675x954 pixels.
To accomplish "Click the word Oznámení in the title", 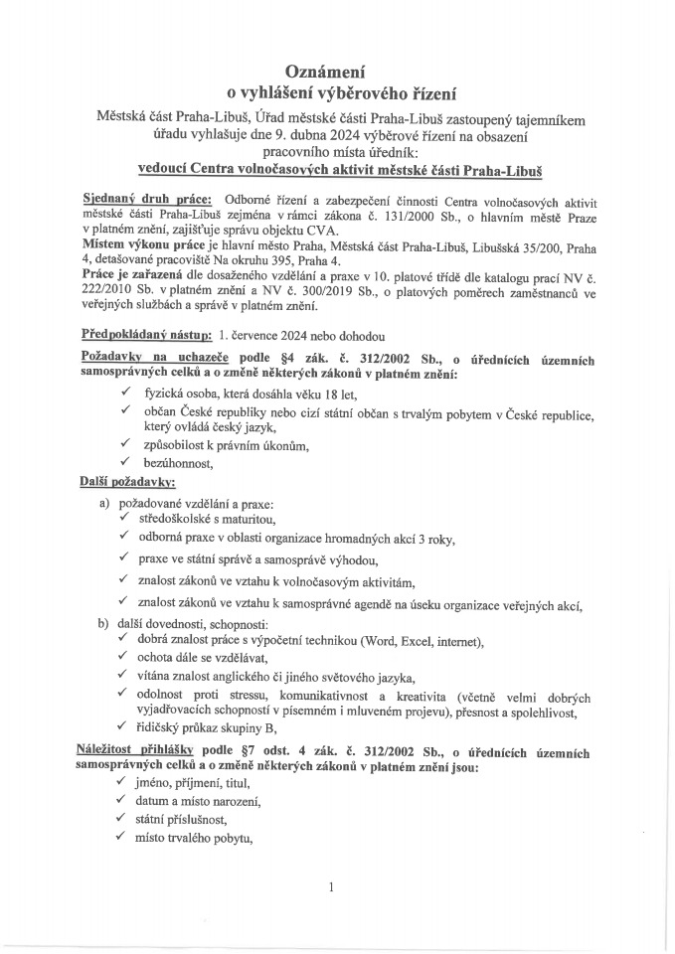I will point(337,73).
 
